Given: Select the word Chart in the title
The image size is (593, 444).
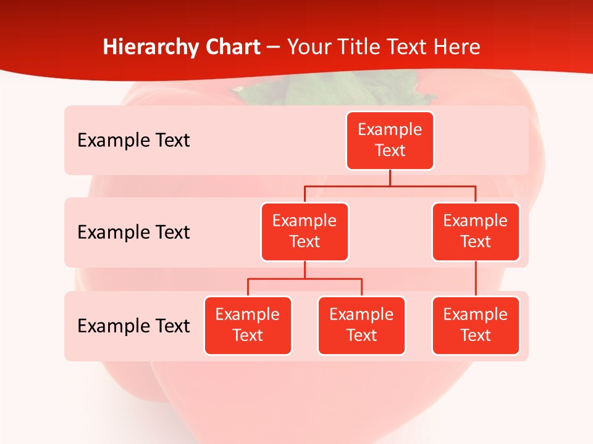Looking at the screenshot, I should [x=230, y=47].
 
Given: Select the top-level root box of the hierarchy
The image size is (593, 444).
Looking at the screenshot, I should [x=390, y=141].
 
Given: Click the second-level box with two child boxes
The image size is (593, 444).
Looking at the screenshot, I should [x=305, y=232].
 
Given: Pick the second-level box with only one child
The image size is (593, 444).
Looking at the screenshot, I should [x=476, y=232].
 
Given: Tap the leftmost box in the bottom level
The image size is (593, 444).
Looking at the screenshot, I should [x=248, y=326].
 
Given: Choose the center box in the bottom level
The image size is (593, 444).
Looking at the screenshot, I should [x=361, y=326].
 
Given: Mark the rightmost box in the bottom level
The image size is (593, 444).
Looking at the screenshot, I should [x=476, y=326].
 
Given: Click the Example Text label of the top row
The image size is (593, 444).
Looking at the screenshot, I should [x=133, y=141].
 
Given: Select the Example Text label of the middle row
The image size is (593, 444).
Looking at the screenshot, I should [x=133, y=232].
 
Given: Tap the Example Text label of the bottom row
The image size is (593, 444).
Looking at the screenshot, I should [x=133, y=326].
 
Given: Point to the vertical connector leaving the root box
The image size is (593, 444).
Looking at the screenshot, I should [x=390, y=178].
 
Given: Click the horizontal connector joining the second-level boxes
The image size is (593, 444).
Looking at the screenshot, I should [x=390, y=186].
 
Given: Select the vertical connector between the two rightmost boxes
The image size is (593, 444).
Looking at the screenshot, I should [x=476, y=279].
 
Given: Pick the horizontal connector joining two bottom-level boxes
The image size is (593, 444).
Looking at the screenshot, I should [x=305, y=279].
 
